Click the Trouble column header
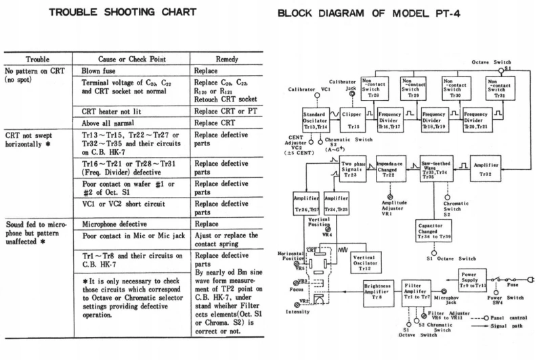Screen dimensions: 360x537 pos(39,59)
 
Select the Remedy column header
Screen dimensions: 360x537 pos(225,59)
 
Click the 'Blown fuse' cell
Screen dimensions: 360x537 pos(102,70)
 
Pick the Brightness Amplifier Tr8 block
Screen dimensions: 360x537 pos(381,291)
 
